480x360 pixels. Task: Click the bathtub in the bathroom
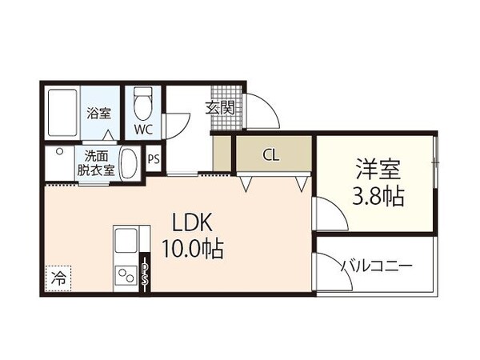(x=62, y=114)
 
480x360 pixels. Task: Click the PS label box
(x=154, y=158)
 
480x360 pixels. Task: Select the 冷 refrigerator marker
(x=58, y=278)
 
